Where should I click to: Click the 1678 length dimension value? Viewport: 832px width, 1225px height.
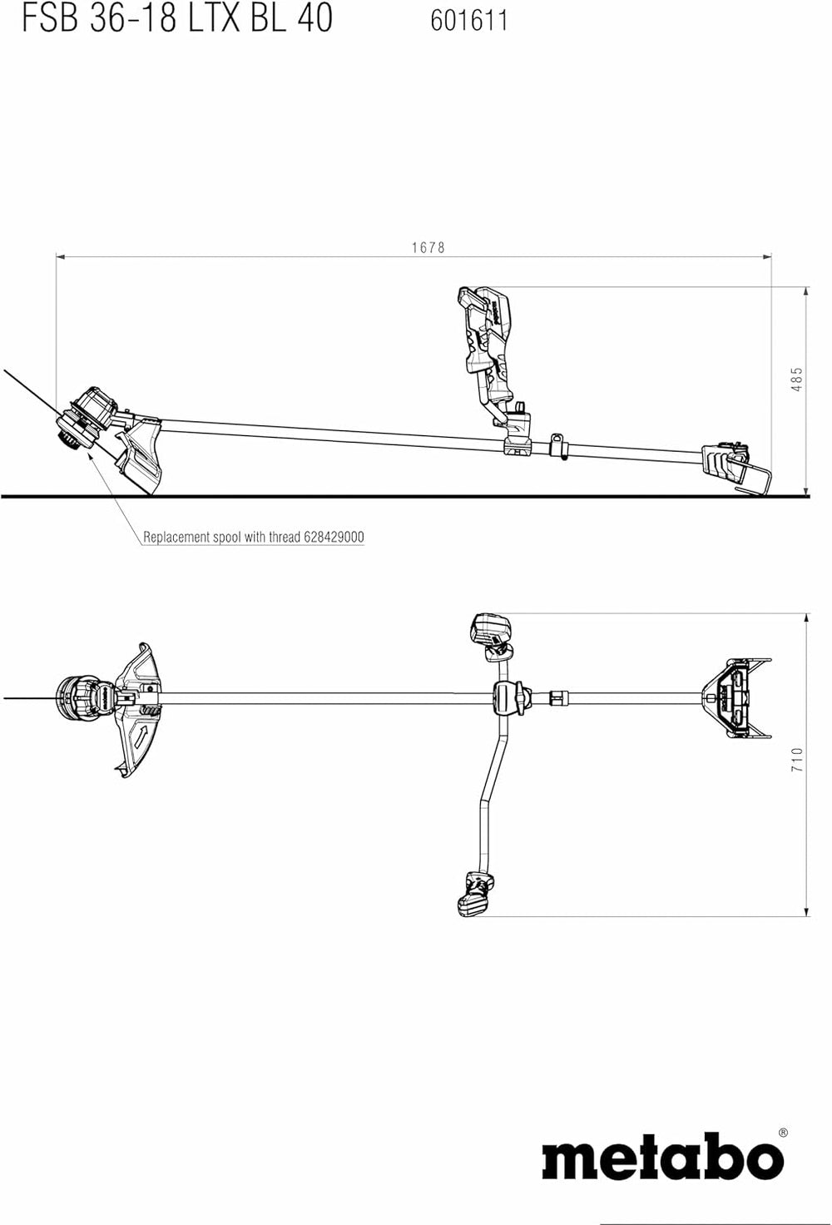tap(428, 247)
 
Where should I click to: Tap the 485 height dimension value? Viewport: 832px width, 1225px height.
tap(796, 379)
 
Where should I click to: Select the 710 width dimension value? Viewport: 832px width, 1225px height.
tap(796, 759)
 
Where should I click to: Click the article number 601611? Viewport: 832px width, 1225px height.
tap(469, 20)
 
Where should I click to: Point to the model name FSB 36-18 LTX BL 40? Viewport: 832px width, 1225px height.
tap(176, 18)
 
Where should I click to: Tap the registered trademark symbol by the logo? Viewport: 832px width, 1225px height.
tap(782, 1133)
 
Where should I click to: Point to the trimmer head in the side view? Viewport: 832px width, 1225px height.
tap(86, 419)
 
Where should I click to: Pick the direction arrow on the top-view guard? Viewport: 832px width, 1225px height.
tap(142, 736)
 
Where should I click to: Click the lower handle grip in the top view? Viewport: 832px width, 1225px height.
tap(476, 893)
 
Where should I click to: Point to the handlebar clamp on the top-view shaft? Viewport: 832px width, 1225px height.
tap(509, 697)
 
